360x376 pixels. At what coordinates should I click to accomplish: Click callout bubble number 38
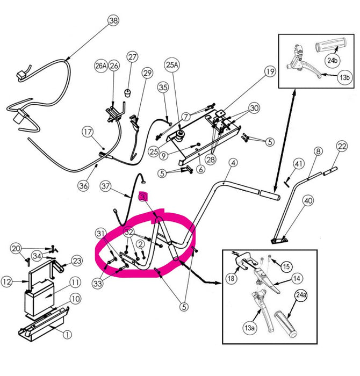coord(113,21)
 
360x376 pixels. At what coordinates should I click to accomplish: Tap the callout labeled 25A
coord(172,65)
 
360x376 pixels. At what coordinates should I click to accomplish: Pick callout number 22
coord(342,146)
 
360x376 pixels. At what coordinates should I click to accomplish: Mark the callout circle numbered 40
coord(308,201)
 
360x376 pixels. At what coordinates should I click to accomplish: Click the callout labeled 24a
coord(300,295)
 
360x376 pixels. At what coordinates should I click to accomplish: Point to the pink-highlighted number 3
coord(143,197)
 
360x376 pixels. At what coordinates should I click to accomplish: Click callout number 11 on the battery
coord(74,281)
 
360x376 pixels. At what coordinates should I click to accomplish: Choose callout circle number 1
coord(68,335)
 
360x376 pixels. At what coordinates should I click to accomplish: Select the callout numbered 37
coord(105,186)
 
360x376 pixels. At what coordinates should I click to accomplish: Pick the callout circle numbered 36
coord(83,186)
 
